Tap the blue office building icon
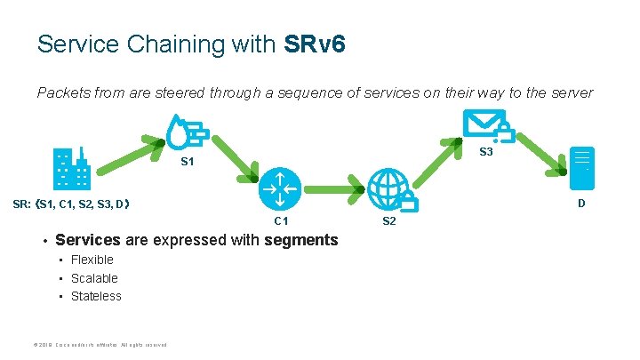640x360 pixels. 72,170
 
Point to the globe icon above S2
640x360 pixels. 392,189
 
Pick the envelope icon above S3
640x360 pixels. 484,125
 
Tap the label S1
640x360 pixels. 188,162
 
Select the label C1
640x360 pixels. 281,220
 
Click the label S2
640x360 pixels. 389,220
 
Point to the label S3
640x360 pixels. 486,153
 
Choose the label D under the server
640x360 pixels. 581,204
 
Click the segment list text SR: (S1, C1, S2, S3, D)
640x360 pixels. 73,204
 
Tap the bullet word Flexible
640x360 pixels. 92,260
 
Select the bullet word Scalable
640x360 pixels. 94,278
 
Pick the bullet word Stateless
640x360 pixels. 96,296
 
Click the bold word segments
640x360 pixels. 301,240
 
